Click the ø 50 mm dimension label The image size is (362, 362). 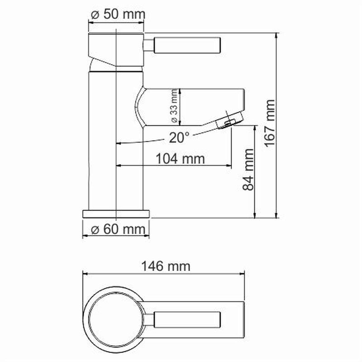pos(118,14)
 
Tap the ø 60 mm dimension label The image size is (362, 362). pos(118,229)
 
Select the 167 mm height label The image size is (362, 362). pos(270,123)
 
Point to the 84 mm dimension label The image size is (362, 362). pos(248,169)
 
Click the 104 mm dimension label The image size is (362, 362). pos(180,159)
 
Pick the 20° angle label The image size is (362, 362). pos(179,138)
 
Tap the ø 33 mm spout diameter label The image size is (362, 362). pos(174,106)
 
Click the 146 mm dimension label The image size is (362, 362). pos(166,266)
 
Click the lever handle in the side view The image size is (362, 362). pos(187,45)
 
